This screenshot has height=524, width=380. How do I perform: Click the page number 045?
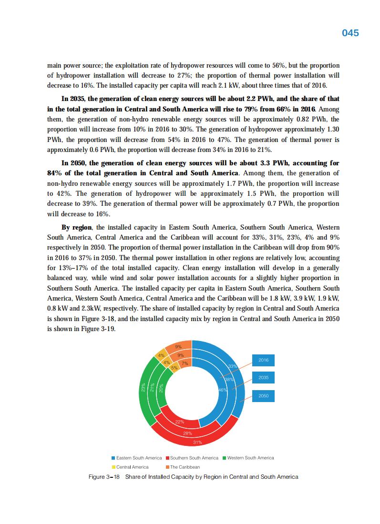click(350, 33)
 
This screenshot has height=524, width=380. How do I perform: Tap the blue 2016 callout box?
click(263, 360)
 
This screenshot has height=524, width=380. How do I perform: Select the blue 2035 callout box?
click(263, 378)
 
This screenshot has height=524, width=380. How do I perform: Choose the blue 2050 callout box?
click(263, 396)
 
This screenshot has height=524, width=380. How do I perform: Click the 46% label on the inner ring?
click(222, 390)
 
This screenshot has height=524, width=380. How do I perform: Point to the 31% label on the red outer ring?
click(198, 443)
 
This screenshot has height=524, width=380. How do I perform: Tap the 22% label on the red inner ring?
click(180, 422)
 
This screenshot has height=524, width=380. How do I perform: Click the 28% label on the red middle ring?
click(187, 433)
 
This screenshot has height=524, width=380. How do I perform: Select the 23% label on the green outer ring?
click(144, 389)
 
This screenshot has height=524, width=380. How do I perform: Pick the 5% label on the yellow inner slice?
click(175, 368)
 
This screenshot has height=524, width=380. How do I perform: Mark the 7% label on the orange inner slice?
click(185, 363)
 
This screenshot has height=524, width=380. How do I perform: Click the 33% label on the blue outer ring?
click(233, 366)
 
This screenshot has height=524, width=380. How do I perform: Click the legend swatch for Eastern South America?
click(113, 458)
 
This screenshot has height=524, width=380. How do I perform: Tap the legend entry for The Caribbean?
click(185, 467)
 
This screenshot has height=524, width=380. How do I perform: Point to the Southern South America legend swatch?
click(167, 458)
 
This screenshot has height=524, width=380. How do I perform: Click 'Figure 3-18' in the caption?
click(104, 477)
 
